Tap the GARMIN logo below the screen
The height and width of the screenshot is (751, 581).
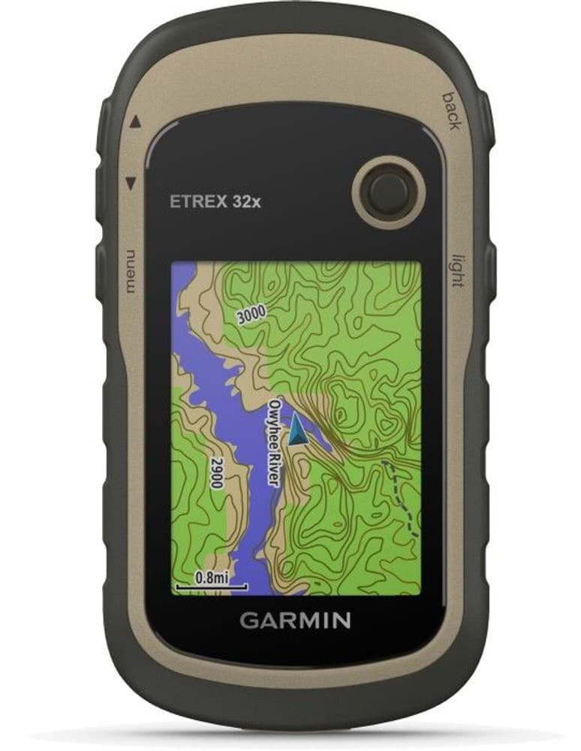coord(295,620)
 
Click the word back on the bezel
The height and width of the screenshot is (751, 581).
coord(451,110)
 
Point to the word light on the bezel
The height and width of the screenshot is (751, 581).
coord(456,270)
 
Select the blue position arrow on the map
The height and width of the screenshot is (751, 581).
coord(299,431)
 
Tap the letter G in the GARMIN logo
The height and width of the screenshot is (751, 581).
coord(247,620)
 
